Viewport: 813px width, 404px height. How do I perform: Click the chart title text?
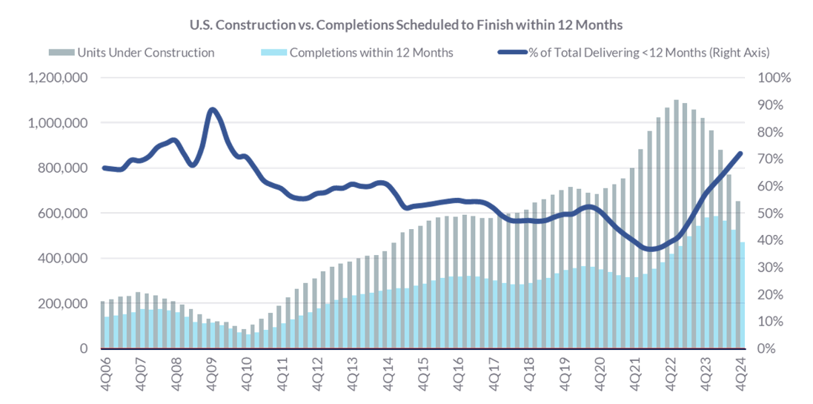pyautogui.click(x=406, y=24)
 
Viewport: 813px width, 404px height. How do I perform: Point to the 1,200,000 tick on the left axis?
pyautogui.click(x=58, y=78)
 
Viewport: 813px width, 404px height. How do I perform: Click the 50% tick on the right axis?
pyautogui.click(x=774, y=213)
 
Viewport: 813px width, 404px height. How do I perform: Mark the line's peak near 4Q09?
pyautogui.click(x=213, y=110)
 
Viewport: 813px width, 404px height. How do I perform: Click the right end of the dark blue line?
pyautogui.click(x=740, y=153)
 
